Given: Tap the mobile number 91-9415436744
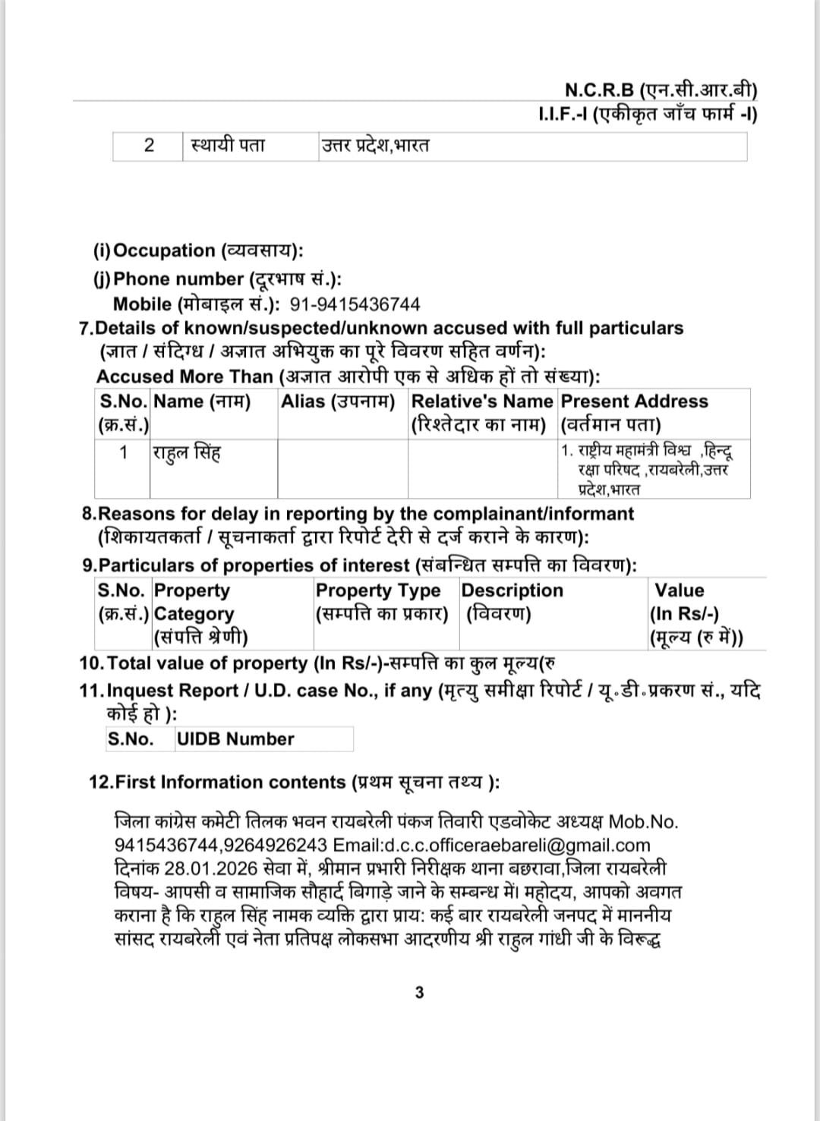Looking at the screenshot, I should pyautogui.click(x=355, y=304).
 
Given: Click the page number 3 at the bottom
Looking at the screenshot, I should pyautogui.click(x=419, y=992).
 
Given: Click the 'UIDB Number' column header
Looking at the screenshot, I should pyautogui.click(x=235, y=738).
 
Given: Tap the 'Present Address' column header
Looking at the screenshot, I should pyautogui.click(x=634, y=401).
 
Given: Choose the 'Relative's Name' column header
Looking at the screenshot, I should pyautogui.click(x=481, y=401).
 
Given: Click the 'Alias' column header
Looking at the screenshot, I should pyautogui.click(x=338, y=401).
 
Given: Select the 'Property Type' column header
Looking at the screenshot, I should pyautogui.click(x=377, y=590).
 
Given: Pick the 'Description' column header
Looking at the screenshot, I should pyautogui.click(x=512, y=590).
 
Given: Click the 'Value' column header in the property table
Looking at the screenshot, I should pyautogui.click(x=679, y=590).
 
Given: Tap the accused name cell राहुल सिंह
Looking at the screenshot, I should pyautogui.click(x=187, y=453).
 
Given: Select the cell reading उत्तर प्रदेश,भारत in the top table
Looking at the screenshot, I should pyautogui.click(x=374, y=145).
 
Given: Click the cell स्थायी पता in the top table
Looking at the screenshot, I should pyautogui.click(x=228, y=145).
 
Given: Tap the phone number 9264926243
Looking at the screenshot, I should pyautogui.click(x=276, y=845).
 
